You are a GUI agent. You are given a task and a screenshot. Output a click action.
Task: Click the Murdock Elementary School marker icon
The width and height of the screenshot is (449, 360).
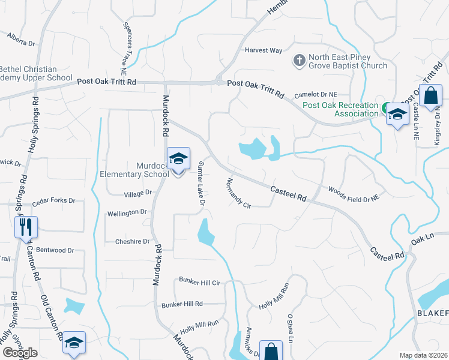178,159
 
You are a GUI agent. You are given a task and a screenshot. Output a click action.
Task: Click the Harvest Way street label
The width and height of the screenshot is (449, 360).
263,50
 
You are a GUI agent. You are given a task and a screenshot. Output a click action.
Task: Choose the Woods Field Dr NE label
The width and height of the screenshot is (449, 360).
354,193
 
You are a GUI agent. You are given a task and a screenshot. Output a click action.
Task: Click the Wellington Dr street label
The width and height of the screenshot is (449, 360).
127,212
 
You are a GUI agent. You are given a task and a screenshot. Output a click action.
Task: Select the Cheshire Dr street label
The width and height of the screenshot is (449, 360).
132,241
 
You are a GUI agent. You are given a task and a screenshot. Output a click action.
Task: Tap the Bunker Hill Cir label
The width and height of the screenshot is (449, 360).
200,281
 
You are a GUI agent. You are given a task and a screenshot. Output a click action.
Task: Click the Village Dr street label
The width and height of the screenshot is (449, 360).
137,194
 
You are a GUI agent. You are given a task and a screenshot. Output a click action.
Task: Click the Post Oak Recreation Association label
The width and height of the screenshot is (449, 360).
340,109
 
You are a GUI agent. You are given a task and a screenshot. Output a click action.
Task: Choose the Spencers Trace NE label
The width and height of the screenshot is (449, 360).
131,35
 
